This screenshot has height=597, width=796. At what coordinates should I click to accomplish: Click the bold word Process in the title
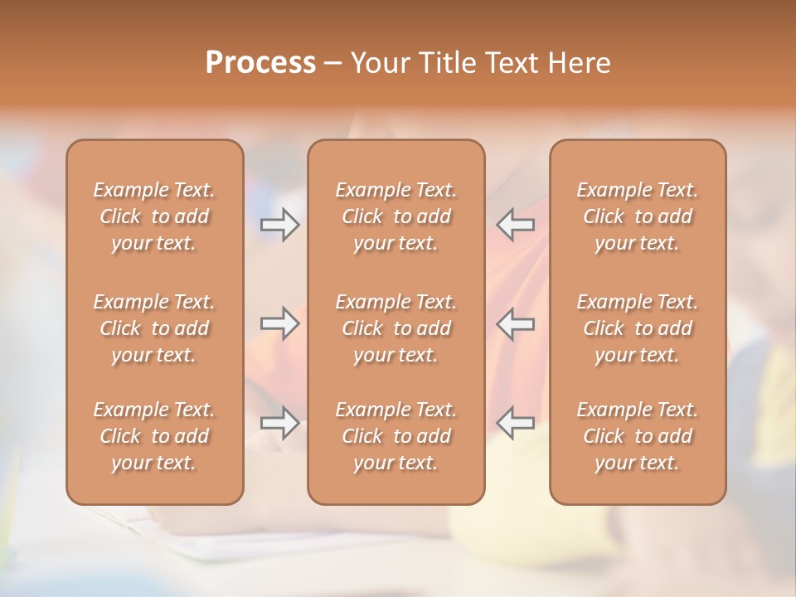click(x=260, y=63)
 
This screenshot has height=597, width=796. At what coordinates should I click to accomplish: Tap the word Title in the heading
click(x=449, y=63)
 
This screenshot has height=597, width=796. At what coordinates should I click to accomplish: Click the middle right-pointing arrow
click(x=279, y=323)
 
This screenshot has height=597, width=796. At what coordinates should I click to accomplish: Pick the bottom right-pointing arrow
click(x=279, y=422)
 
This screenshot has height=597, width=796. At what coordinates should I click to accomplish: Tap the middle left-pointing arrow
click(x=516, y=323)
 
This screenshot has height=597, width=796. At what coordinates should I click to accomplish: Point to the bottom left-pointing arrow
click(x=516, y=422)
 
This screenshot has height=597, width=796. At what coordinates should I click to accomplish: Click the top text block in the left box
click(x=154, y=216)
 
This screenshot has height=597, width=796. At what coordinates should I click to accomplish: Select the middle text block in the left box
click(x=154, y=328)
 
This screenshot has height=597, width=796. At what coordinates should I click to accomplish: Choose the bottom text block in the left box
click(x=154, y=436)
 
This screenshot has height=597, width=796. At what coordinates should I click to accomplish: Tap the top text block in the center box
click(x=396, y=216)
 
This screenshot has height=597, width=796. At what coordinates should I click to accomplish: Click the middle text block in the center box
click(x=396, y=328)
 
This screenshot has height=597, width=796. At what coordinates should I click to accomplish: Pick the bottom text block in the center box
click(x=396, y=436)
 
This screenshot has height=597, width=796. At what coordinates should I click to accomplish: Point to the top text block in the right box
click(x=638, y=216)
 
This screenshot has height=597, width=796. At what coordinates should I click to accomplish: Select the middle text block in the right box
click(x=638, y=328)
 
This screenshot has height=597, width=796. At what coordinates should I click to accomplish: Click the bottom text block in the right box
click(x=638, y=436)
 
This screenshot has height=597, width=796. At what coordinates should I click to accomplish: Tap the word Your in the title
click(x=381, y=63)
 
